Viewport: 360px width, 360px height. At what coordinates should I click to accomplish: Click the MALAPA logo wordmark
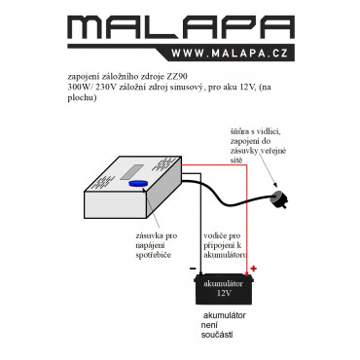click(x=181, y=27)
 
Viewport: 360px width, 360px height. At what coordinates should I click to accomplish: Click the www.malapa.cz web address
click(x=230, y=54)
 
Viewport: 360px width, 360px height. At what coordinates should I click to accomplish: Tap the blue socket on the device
click(x=138, y=184)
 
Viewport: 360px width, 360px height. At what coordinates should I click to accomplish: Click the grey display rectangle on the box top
click(x=131, y=172)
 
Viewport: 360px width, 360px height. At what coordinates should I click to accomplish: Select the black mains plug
click(x=279, y=198)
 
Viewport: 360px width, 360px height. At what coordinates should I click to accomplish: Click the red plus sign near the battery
click(x=254, y=269)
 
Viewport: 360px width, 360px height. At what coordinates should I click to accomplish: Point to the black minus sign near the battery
click(x=193, y=269)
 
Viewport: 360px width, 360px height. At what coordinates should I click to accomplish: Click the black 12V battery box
click(x=224, y=290)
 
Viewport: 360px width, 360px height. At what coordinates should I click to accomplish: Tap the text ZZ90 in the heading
click(x=177, y=77)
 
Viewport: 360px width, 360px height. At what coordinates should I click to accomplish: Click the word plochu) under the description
click(x=83, y=98)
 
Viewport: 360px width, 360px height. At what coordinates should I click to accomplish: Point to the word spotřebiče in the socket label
click(x=154, y=255)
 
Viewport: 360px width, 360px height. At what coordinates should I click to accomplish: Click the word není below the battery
click(x=209, y=325)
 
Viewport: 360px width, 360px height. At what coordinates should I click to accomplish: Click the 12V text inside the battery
click(x=224, y=293)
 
